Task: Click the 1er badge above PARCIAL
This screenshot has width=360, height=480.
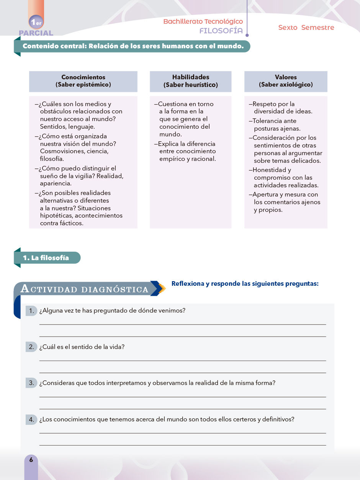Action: (x=36, y=22)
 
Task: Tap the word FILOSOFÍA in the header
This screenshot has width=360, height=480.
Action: (x=221, y=31)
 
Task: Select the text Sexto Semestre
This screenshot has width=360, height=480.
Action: (x=306, y=28)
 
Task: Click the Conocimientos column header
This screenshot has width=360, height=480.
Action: (x=83, y=81)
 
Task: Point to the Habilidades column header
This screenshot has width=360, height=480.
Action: (x=190, y=81)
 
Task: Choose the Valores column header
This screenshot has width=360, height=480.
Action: (x=286, y=81)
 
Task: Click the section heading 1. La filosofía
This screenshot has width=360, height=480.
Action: (x=46, y=258)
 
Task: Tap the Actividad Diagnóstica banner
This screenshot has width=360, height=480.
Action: (x=85, y=289)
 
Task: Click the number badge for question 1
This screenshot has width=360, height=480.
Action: (x=31, y=311)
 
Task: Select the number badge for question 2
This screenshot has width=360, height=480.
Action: (x=31, y=347)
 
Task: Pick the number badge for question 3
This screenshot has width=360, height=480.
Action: (x=31, y=383)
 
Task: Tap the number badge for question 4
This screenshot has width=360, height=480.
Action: (x=31, y=419)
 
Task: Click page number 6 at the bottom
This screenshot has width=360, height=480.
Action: (x=31, y=460)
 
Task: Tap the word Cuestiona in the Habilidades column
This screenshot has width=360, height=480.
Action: (x=172, y=104)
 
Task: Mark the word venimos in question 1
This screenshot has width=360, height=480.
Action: (x=173, y=311)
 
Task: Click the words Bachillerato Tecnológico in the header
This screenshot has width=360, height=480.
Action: (x=203, y=21)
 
